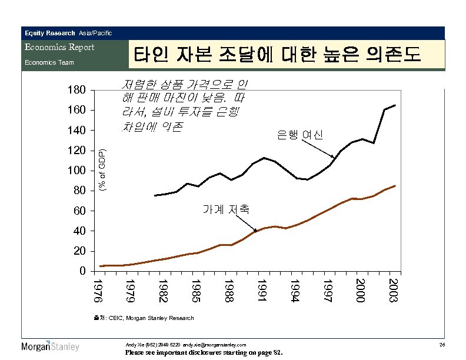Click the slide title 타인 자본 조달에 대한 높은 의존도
(x=277, y=55)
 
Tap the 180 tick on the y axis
(x=76, y=91)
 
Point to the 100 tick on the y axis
(x=76, y=171)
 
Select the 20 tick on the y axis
(x=80, y=251)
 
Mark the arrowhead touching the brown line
(x=255, y=231)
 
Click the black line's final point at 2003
(x=395, y=105)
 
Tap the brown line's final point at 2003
(x=395, y=185)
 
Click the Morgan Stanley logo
(x=50, y=346)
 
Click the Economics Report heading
(x=58, y=47)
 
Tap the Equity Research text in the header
(x=49, y=33)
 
